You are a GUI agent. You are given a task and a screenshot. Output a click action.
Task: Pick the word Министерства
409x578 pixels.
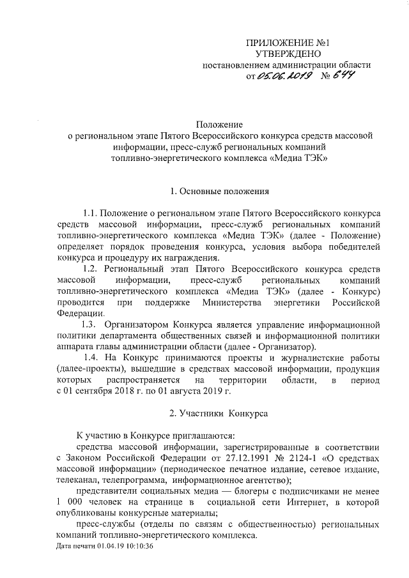coord(240,302)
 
